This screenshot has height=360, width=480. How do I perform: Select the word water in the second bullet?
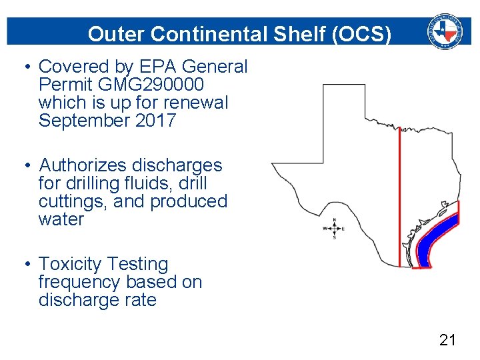(x=61, y=219)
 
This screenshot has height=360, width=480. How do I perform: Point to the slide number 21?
(x=447, y=341)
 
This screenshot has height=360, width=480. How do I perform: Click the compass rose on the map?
(x=333, y=228)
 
